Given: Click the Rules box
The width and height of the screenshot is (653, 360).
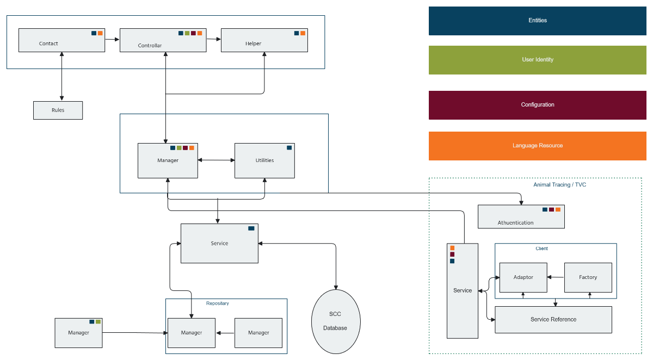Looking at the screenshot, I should (58, 110).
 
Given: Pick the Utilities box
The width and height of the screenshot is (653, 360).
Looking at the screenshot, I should (264, 160).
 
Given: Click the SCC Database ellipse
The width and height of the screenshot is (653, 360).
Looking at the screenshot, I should (336, 321).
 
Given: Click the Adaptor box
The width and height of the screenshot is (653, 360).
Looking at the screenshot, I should (523, 277).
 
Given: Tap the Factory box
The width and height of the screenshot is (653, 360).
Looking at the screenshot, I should (588, 277).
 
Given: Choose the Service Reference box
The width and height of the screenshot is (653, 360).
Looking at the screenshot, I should (553, 320).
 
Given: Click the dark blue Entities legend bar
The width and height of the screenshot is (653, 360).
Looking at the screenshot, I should (538, 21).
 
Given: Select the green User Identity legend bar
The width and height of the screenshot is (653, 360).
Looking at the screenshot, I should (538, 60).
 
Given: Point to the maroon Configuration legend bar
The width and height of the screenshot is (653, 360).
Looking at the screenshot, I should (538, 105).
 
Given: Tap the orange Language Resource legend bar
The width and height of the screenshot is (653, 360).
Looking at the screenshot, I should (538, 146).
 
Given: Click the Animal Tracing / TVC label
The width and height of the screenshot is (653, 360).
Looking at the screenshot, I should (559, 185).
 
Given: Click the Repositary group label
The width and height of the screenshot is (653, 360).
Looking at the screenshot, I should (217, 303).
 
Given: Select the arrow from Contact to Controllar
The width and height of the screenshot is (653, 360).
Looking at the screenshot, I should (112, 39).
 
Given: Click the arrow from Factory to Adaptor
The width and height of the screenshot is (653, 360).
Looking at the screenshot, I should (556, 277).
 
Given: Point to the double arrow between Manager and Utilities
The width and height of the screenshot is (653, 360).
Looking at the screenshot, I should (216, 160).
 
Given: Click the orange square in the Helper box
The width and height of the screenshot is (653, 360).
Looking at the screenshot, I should (303, 33).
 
